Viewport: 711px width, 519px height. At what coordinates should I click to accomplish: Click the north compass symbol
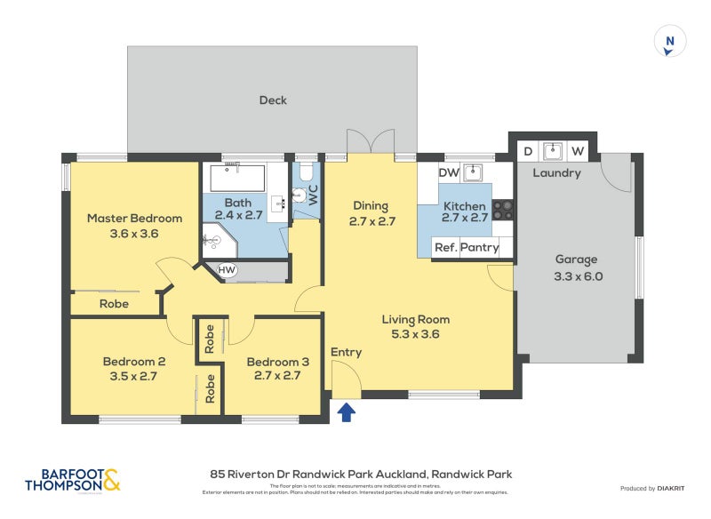tap(671, 41)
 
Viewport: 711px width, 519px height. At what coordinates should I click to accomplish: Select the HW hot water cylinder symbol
tap(228, 269)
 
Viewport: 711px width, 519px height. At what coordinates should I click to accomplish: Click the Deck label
tap(273, 100)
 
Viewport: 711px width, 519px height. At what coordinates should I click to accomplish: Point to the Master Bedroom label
tap(134, 218)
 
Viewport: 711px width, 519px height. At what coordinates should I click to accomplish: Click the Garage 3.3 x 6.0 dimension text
tap(579, 275)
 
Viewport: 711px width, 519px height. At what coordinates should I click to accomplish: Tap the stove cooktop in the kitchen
tap(503, 210)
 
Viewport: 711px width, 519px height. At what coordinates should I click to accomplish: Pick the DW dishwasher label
tap(449, 172)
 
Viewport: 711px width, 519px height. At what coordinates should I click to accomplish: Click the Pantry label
tap(479, 248)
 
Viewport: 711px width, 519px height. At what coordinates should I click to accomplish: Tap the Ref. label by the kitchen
tap(445, 248)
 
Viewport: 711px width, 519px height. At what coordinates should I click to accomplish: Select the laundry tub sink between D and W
tap(552, 149)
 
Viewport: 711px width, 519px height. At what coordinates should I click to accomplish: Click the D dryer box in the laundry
tap(527, 151)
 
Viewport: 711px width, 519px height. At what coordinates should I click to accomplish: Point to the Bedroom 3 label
tap(278, 362)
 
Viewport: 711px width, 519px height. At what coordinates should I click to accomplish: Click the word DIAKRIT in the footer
tap(677, 488)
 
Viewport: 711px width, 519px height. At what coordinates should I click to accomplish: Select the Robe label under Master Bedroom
tap(114, 303)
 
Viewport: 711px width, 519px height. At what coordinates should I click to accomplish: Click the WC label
tap(313, 194)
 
